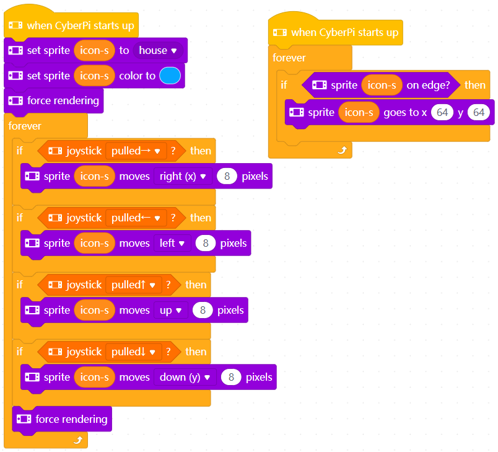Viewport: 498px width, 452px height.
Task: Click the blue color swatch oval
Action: pyautogui.click(x=170, y=76)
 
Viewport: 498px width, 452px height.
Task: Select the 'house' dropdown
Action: pyautogui.click(x=158, y=50)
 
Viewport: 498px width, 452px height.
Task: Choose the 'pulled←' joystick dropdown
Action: pyautogui.click(x=136, y=218)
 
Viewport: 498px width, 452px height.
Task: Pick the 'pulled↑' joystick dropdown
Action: pyautogui.click(x=133, y=285)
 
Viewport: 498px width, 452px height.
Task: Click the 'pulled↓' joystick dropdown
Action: pyautogui.click(x=133, y=352)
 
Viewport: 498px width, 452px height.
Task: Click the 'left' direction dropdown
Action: pyautogui.click(x=172, y=243)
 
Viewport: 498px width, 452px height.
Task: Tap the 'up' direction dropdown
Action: pyautogui.click(x=170, y=310)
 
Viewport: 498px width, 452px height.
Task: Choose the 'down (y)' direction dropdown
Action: pyautogui.click(x=185, y=377)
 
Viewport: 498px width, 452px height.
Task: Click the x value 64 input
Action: pyautogui.click(x=442, y=112)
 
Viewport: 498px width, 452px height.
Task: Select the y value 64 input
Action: pyautogui.click(x=478, y=112)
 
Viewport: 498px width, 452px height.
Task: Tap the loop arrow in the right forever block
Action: pyautogui.click(x=340, y=149)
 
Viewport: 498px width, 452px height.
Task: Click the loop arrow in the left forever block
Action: pyautogui.click(x=77, y=440)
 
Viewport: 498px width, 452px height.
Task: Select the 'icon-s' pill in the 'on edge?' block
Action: pyautogui.click(x=382, y=85)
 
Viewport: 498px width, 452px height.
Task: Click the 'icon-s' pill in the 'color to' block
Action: pyautogui.click(x=94, y=76)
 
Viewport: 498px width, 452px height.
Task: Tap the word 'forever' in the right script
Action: pyautogui.click(x=289, y=58)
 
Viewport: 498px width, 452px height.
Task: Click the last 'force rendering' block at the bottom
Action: pyautogui.click(x=62, y=419)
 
